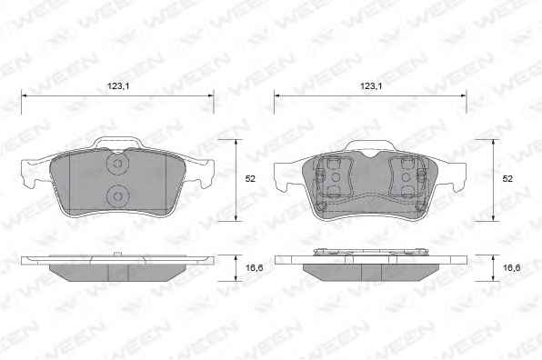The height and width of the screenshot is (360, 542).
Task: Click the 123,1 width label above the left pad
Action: pos(118,86)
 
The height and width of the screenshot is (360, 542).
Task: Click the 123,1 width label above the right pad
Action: pos(371,86)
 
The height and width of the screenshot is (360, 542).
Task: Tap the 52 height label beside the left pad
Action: pos(250,178)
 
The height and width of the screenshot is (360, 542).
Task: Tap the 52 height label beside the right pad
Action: pos(507,178)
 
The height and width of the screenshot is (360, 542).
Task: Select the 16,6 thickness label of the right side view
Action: pos(512,267)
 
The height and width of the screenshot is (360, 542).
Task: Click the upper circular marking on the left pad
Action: pos(118,163)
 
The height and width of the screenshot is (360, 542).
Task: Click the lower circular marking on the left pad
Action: pos(118,196)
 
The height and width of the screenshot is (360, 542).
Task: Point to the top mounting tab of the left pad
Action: pos(117,142)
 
